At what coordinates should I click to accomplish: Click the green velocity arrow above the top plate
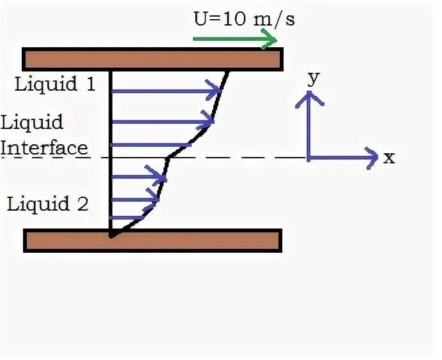[x=234, y=40]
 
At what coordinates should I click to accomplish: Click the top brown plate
[x=153, y=59]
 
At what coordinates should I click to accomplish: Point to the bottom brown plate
[x=153, y=241]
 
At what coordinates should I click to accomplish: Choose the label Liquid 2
[x=48, y=204]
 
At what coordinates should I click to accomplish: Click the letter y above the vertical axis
[x=313, y=77]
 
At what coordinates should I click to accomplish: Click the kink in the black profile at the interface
[x=167, y=156]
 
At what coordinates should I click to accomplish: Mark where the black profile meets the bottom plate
[x=111, y=236]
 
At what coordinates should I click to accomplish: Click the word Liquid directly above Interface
[x=32, y=121]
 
